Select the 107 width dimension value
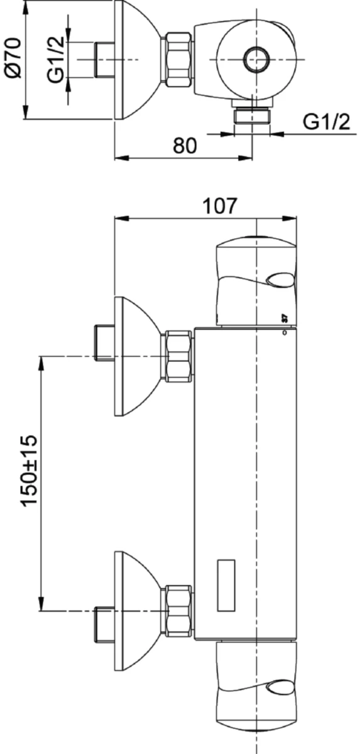pyautogui.click(x=220, y=205)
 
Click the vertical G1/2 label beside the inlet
pyautogui.click(x=55, y=60)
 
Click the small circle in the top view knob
pyautogui.click(x=257, y=59)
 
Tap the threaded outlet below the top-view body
pyautogui.click(x=252, y=115)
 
